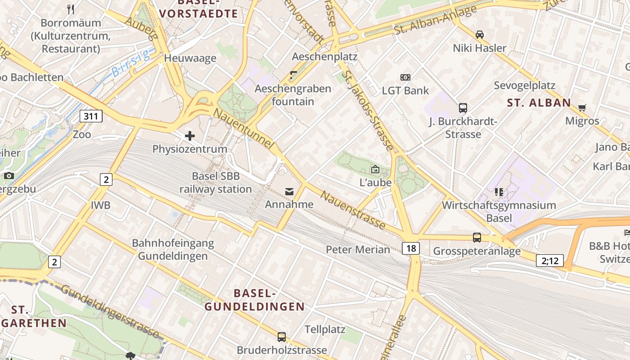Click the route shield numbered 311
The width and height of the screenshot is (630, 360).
pyautogui.click(x=91, y=116)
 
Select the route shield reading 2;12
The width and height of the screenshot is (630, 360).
pyautogui.click(x=549, y=260)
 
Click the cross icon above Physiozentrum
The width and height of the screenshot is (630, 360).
pyautogui.click(x=190, y=135)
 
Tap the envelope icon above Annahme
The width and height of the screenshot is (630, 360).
pyautogui.click(x=289, y=192)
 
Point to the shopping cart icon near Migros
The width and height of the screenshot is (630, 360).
pyautogui.click(x=582, y=108)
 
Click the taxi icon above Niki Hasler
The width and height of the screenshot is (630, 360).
pyautogui.click(x=480, y=34)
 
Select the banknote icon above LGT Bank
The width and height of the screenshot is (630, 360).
pyautogui.click(x=405, y=77)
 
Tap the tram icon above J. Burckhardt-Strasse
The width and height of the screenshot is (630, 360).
pyautogui.click(x=463, y=108)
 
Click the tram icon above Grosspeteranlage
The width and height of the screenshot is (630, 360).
pyautogui.click(x=477, y=237)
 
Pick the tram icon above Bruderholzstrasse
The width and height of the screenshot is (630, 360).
pyautogui.click(x=282, y=337)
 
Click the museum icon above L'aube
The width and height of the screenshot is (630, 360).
pyautogui.click(x=375, y=169)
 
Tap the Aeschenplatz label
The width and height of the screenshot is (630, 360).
pyautogui.click(x=324, y=57)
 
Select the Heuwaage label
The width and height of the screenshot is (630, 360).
pyautogui.click(x=190, y=58)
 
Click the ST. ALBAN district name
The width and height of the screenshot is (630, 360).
pyautogui.click(x=539, y=103)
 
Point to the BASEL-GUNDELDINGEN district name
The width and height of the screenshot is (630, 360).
pyautogui.click(x=255, y=300)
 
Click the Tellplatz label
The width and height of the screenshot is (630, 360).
pyautogui.click(x=325, y=329)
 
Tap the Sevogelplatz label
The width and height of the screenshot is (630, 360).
pyautogui.click(x=524, y=85)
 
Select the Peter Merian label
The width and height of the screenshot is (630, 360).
pyautogui.click(x=358, y=249)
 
